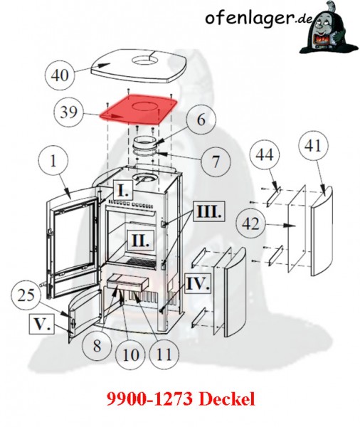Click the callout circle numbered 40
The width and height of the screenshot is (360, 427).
(60, 75)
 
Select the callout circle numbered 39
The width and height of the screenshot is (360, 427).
(68, 112)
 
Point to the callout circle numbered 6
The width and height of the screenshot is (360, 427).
(201, 120)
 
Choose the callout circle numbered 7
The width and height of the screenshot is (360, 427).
(216, 161)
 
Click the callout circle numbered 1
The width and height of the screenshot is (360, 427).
(53, 161)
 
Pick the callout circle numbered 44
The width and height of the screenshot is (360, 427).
(265, 154)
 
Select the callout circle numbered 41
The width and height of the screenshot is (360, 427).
(313, 146)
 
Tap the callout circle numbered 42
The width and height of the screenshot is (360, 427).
(251, 224)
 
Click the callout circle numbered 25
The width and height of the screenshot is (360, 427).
(26, 296)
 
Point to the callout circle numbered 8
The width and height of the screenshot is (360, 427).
(97, 346)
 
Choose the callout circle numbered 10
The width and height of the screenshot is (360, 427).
(131, 354)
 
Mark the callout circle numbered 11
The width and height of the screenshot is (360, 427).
(164, 354)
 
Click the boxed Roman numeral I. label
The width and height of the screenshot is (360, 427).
(123, 191)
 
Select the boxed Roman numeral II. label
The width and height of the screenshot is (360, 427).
(141, 241)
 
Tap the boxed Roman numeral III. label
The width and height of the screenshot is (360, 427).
(209, 211)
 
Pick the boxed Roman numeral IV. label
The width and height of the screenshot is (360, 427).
(198, 283)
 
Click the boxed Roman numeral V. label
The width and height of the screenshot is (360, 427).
(42, 325)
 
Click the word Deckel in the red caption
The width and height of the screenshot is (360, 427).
(227, 399)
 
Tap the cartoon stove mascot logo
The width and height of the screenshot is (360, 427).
(329, 28)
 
